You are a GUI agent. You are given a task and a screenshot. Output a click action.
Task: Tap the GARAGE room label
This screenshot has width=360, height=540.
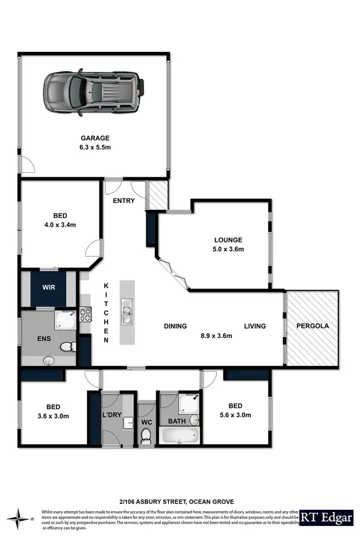click(x=94, y=138)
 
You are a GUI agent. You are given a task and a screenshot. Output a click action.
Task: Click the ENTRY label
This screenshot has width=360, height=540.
click(x=124, y=201)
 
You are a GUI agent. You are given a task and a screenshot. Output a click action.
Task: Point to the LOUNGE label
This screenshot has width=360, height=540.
click(x=228, y=240)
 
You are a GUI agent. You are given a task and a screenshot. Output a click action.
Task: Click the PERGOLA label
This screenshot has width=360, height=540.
click(x=312, y=325)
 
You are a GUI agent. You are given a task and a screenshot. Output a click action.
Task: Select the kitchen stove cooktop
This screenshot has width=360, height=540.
click(x=85, y=314)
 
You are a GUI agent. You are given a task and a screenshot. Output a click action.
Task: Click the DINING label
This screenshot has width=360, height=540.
click(x=175, y=326)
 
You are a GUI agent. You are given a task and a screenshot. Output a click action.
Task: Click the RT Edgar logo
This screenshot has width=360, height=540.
click(x=329, y=518)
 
